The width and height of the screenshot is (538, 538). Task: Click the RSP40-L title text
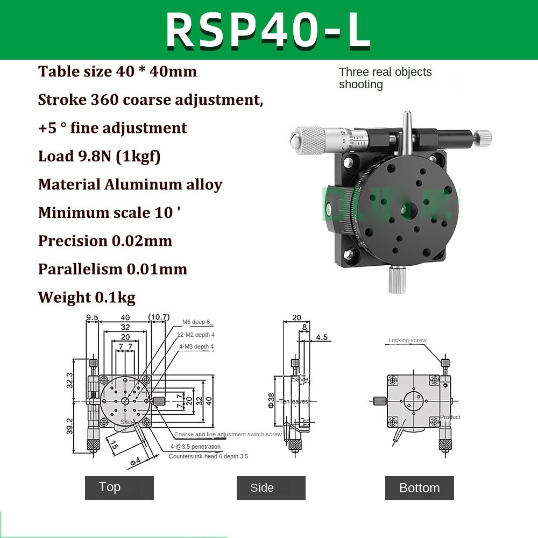268,31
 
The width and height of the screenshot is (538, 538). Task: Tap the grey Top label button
119,487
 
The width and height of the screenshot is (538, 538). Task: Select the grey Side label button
271,488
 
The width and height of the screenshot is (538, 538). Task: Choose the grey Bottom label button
419,488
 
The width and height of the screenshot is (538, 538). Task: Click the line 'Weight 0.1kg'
87,297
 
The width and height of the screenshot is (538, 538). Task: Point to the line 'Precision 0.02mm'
105,240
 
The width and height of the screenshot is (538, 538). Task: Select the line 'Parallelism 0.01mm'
112,269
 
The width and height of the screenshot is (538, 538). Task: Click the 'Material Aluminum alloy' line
130,185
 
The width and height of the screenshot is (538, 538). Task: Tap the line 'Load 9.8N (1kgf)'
99,156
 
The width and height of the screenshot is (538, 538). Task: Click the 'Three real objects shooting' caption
385,78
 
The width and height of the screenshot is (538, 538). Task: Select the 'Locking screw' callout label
407,340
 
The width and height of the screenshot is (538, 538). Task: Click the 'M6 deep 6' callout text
197,322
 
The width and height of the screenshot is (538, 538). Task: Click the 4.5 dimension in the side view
322,337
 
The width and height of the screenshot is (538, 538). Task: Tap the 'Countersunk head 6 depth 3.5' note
208,456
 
